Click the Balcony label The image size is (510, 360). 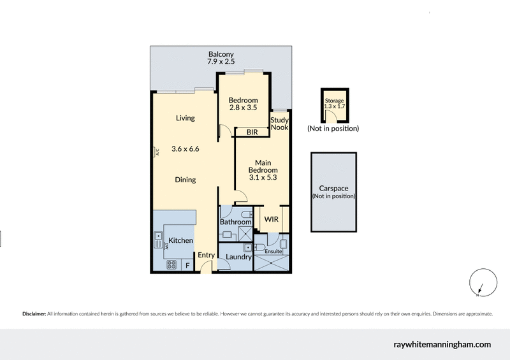click(221, 54)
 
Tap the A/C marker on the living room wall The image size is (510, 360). click(155, 152)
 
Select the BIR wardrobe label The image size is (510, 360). click(252, 132)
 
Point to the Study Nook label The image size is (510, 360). click(279, 124)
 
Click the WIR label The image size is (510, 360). click(272, 219)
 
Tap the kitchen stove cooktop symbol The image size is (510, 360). click(171, 264)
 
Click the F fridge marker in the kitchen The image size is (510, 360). click(187, 264)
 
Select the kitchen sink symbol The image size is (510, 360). click(158, 240)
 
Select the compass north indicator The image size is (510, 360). click(479, 286)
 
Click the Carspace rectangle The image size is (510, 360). click(333, 192)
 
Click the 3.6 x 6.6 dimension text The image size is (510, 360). click(186, 149)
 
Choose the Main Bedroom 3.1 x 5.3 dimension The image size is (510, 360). click(263, 178)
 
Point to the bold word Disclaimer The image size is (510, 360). click(34, 314)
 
